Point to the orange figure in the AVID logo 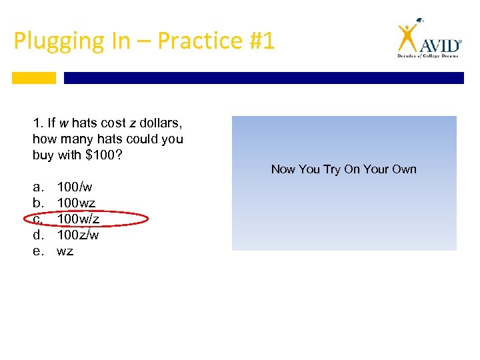coord(407,37)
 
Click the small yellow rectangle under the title coord(34,78)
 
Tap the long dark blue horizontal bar coord(263,78)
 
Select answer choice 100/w coord(75,187)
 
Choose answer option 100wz coord(76,203)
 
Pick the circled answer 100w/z coord(79,219)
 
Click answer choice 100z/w coord(78,235)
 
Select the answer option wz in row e coord(65,251)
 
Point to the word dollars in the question coord(160,123)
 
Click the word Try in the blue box coord(332,169)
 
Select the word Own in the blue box coord(404,169)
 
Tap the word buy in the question coord(42,155)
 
